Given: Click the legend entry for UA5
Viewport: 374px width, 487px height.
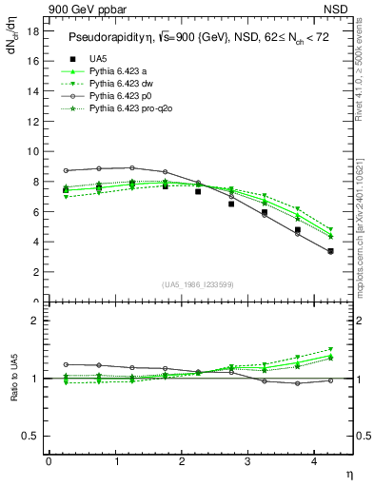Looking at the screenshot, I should point(98,58).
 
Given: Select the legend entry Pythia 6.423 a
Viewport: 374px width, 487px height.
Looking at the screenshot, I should point(119,71).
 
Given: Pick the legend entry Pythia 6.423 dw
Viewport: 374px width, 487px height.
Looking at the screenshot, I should point(122,85).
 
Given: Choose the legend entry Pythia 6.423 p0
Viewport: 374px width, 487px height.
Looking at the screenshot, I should point(121,98).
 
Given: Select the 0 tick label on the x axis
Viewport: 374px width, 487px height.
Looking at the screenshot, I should point(49,460).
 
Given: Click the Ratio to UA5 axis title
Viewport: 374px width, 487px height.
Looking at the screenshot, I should point(14,390).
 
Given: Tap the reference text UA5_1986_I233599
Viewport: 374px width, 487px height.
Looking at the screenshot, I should point(199,284).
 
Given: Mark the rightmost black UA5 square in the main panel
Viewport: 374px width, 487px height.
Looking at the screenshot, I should point(330,251).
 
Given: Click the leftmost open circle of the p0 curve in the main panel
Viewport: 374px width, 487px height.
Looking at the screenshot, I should point(66,170).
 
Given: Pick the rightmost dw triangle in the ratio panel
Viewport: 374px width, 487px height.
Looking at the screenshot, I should point(330,349).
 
